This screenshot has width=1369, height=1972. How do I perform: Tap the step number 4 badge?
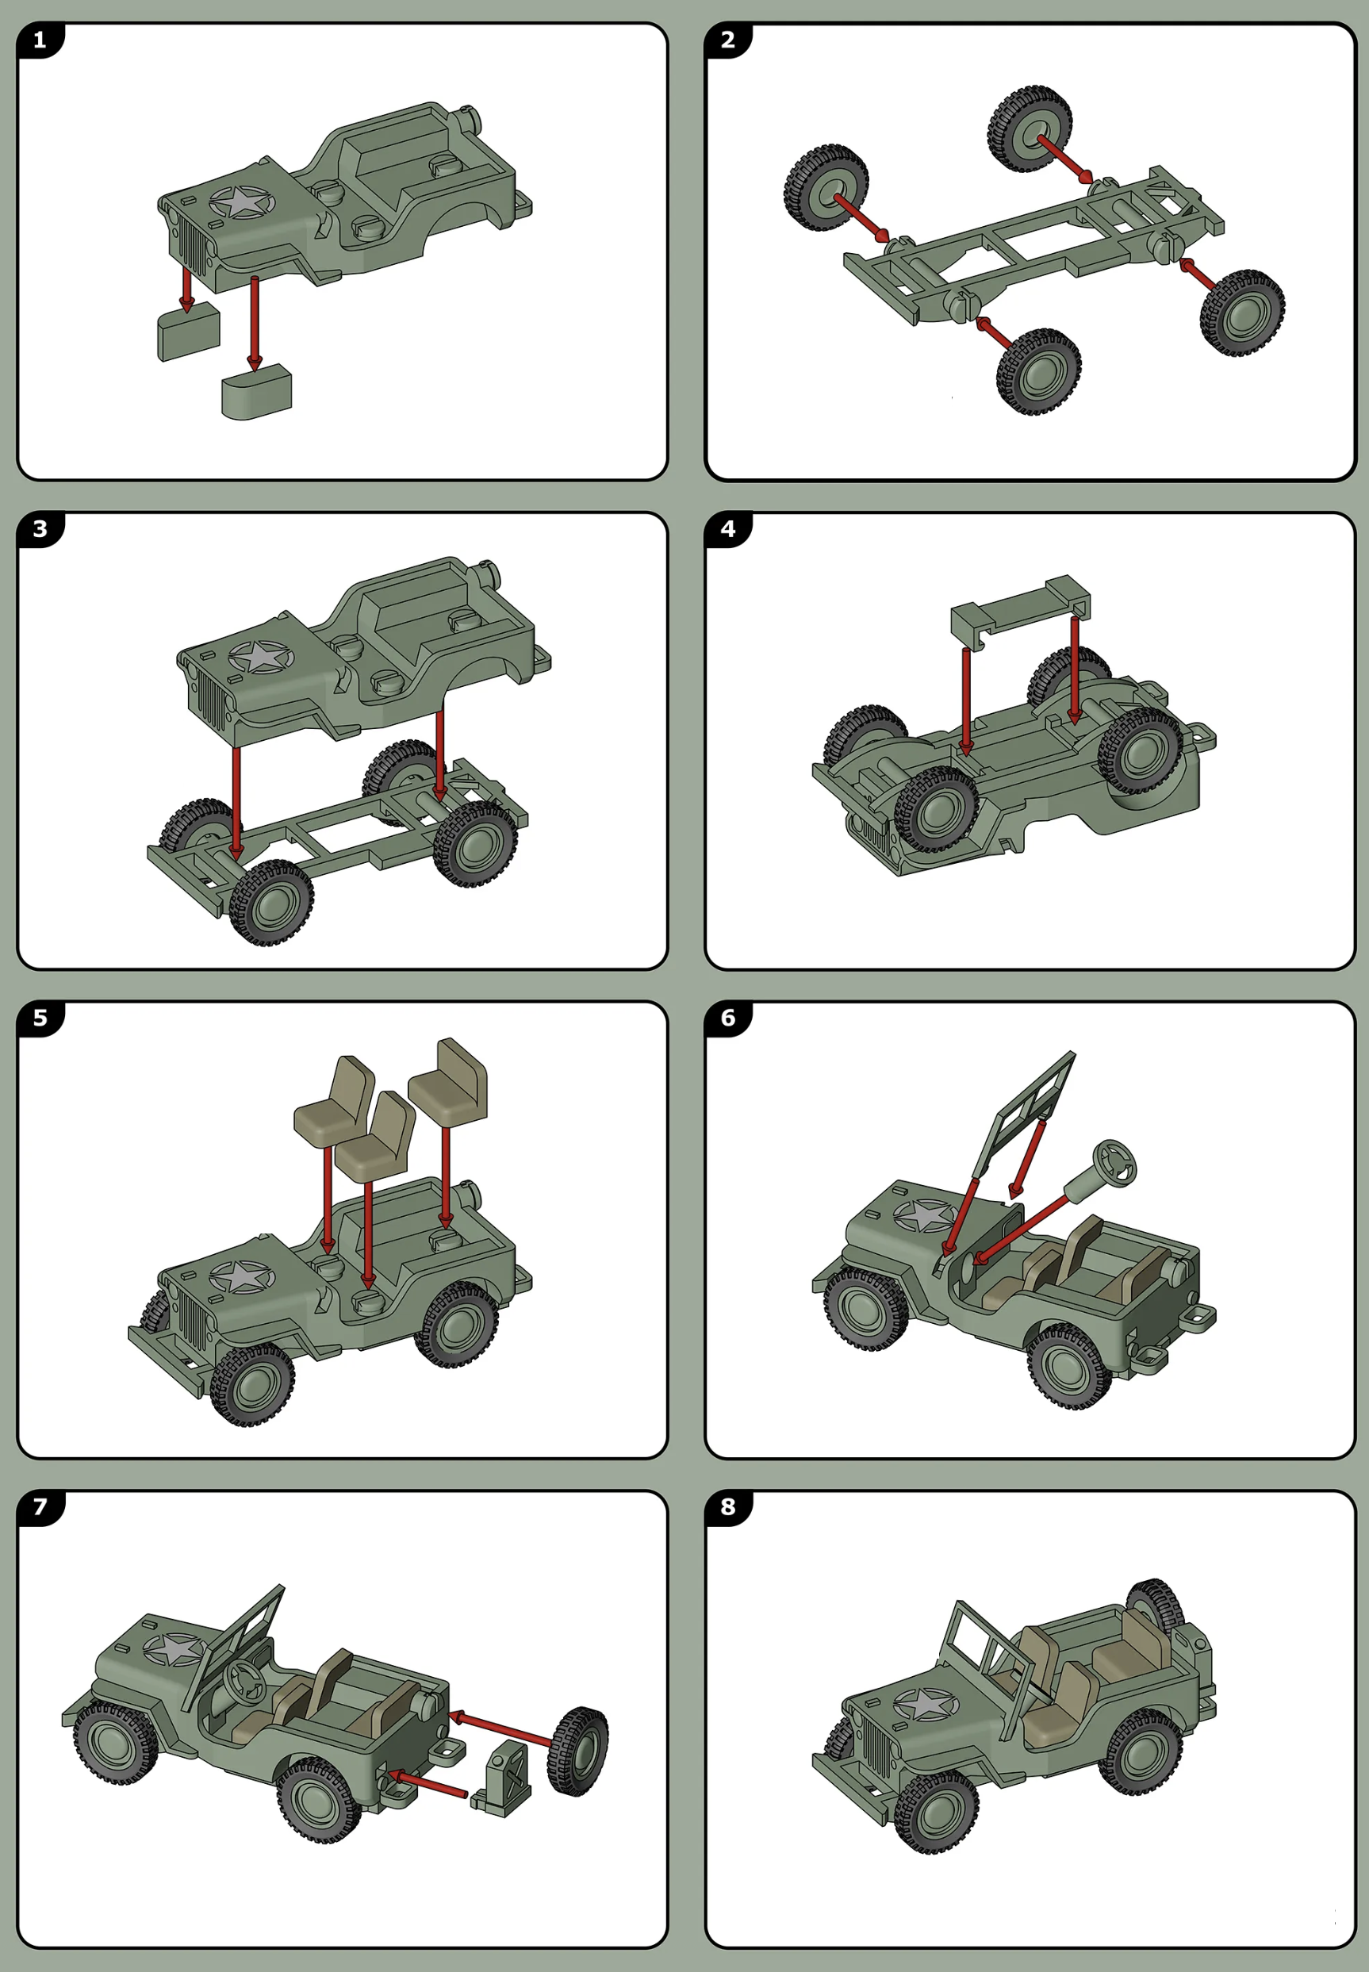point(728,529)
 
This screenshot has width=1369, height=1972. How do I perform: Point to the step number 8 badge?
point(728,1507)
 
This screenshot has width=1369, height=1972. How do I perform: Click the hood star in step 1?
point(241,202)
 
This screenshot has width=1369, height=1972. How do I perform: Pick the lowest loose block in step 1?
point(256,391)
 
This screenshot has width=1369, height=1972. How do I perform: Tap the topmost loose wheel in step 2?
point(1030,129)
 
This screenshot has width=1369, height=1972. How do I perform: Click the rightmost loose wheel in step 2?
point(1242,313)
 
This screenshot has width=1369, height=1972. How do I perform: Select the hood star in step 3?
point(260,658)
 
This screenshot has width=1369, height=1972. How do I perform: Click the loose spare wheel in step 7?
point(580,1751)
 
